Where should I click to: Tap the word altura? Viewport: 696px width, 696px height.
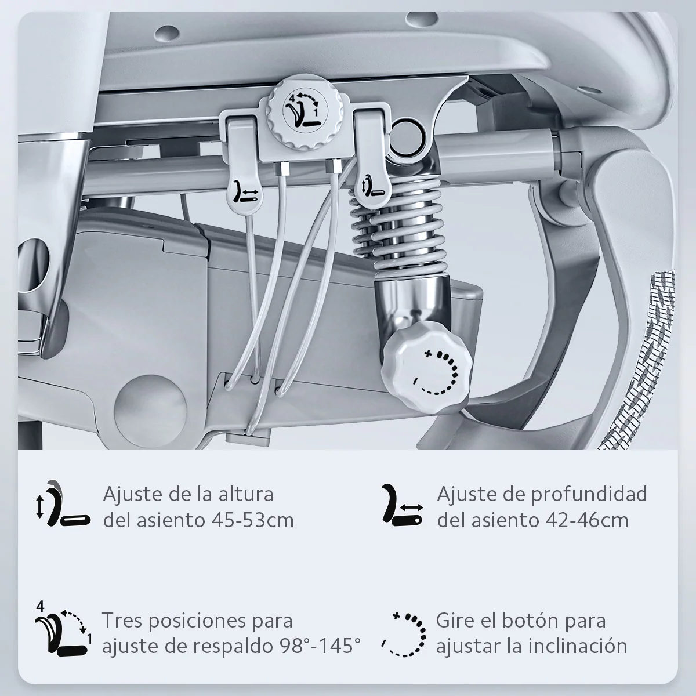pyautogui.click(x=244, y=495)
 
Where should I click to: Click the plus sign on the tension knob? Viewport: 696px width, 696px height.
pyautogui.click(x=429, y=353)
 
